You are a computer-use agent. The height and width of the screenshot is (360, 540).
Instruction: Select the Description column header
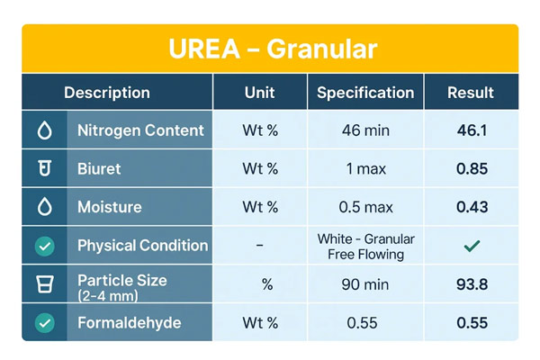point(107,93)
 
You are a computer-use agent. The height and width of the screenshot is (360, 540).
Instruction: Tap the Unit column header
point(260,93)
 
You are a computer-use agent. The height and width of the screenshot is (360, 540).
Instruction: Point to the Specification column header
point(365,93)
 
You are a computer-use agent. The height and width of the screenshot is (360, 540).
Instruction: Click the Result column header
point(471,93)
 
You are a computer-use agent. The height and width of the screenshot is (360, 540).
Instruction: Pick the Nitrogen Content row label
point(140,130)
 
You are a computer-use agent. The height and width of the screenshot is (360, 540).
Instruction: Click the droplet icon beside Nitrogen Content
point(44,130)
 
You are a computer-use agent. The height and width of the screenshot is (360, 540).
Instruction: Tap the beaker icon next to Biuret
point(44,168)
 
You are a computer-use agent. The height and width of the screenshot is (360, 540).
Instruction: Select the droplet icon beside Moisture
point(44,207)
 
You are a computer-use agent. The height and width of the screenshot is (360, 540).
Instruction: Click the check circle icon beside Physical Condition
point(44,246)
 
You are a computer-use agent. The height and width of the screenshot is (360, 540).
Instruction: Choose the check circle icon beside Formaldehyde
point(44,322)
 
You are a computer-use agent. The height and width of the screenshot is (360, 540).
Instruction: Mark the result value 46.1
point(472,130)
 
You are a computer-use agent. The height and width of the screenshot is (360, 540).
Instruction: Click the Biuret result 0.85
point(472,168)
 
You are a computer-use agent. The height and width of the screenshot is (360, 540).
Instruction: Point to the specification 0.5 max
point(365,207)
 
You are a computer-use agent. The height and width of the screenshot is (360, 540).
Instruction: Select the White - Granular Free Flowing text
point(365,246)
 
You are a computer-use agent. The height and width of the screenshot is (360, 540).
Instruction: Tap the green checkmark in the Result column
point(472,246)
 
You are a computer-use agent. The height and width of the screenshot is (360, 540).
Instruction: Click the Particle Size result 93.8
point(472,284)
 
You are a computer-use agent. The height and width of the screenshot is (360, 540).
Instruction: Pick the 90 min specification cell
point(365,284)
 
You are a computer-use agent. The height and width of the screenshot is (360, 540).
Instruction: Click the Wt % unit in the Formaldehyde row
point(260,322)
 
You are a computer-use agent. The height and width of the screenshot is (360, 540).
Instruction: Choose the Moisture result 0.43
point(472,207)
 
